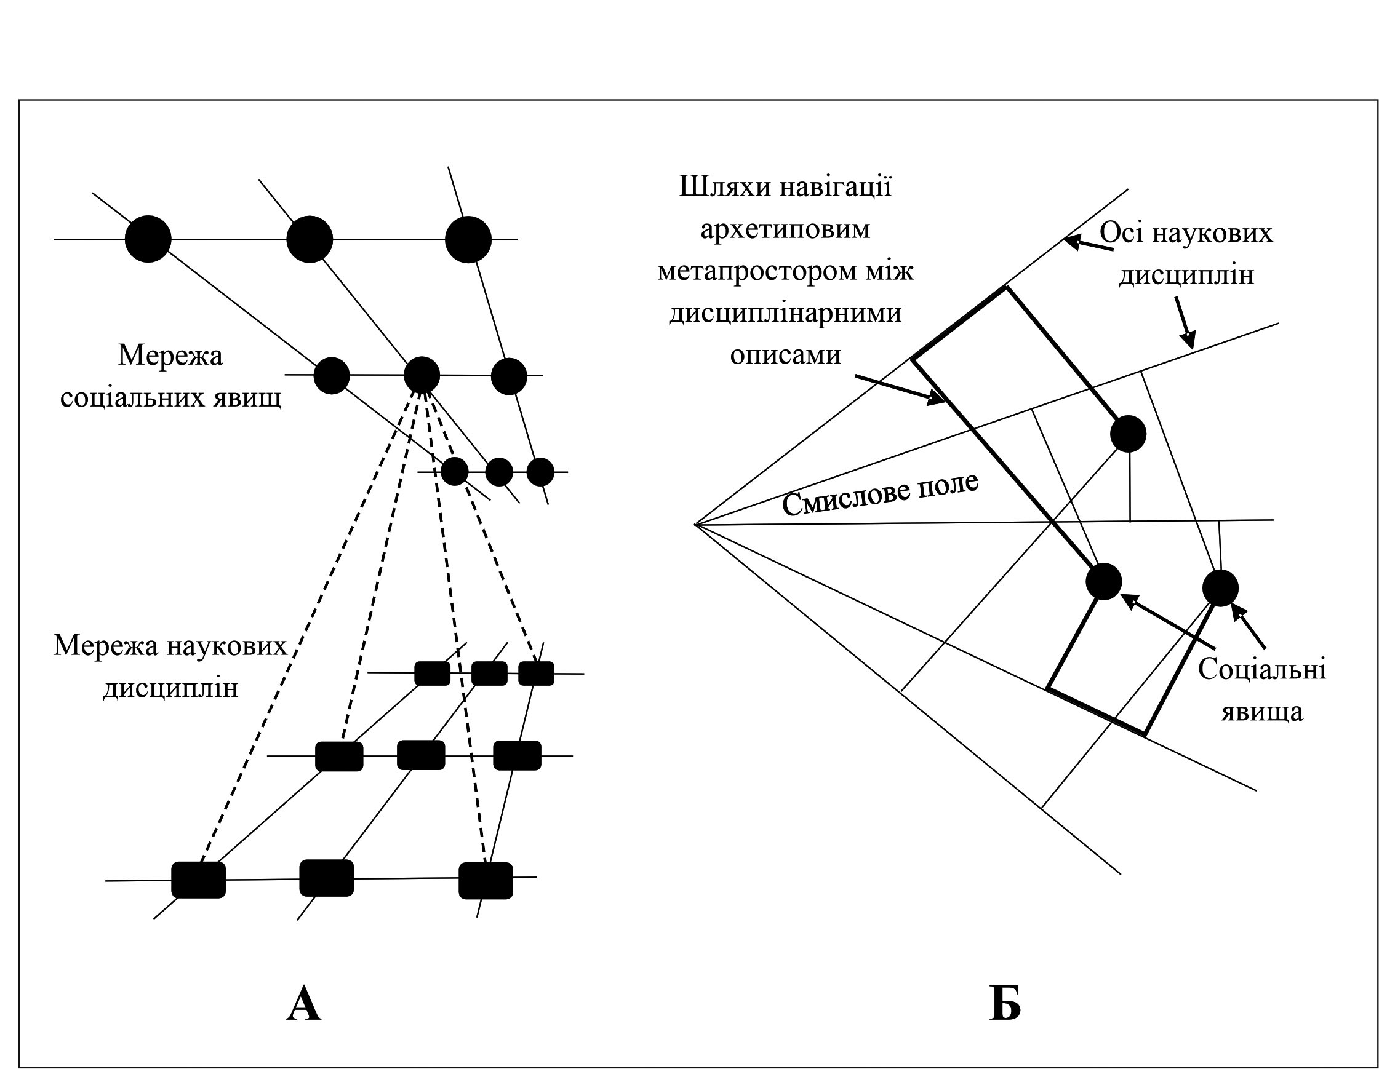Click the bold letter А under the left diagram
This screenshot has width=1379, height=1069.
[x=304, y=1004]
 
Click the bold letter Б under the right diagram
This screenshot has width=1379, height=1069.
[x=1005, y=1004]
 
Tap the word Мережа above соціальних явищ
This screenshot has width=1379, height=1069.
[x=170, y=356]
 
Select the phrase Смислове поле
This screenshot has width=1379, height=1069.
[x=880, y=494]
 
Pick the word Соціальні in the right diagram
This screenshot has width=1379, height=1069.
[x=1262, y=670]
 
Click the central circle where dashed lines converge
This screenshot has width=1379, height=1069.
[x=422, y=375]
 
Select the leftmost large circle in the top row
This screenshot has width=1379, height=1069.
[x=148, y=239]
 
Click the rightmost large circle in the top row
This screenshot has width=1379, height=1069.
[x=468, y=240]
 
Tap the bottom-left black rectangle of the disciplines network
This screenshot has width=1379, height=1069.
[x=199, y=880]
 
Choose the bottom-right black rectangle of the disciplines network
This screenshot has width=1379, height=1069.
[x=486, y=880]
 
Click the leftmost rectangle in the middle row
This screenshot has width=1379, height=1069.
[x=339, y=756]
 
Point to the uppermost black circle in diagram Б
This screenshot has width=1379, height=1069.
[x=1129, y=434]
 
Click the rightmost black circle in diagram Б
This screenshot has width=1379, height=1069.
[x=1220, y=588]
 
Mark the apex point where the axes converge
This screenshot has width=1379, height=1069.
[x=695, y=525]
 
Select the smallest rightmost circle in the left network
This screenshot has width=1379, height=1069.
[x=540, y=472]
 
